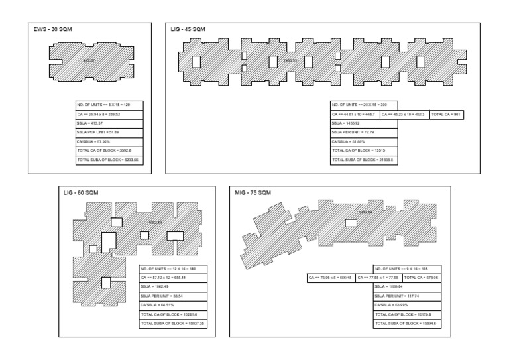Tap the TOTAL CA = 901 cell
tap(445, 115)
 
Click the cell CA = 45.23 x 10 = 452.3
tap(404, 115)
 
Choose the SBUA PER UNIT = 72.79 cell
tap(363, 133)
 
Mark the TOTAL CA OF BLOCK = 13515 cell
tap(363, 151)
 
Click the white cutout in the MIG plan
tap(351, 223)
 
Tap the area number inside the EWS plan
tap(89, 60)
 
